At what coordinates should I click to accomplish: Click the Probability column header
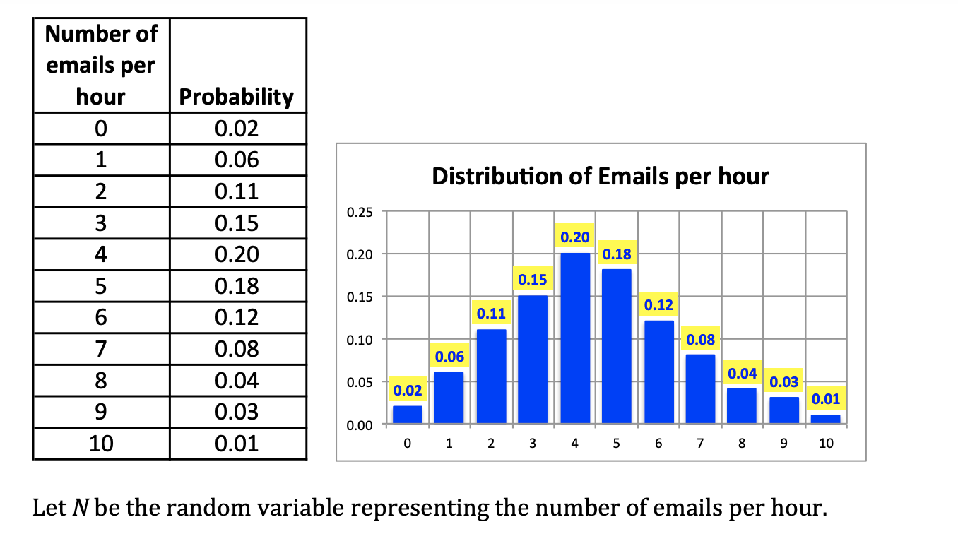(x=237, y=97)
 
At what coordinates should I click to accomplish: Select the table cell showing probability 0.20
(x=237, y=254)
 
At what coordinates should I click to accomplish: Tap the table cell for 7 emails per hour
(x=101, y=349)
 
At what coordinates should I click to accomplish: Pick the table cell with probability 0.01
(x=237, y=444)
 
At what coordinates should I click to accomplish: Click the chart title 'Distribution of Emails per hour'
(x=601, y=176)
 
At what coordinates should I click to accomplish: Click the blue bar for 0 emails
(x=408, y=415)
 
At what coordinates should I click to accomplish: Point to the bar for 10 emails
(x=826, y=419)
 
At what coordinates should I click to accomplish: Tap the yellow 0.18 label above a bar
(x=617, y=254)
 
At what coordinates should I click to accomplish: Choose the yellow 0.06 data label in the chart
(x=449, y=357)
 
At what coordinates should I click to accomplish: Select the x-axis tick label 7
(x=700, y=444)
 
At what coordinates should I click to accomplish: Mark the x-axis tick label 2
(x=491, y=444)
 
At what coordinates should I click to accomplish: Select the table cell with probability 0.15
(x=237, y=223)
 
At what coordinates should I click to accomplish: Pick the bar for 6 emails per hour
(x=658, y=373)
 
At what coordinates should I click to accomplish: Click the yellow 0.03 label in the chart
(x=784, y=382)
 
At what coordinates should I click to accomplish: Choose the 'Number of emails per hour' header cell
(x=101, y=65)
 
